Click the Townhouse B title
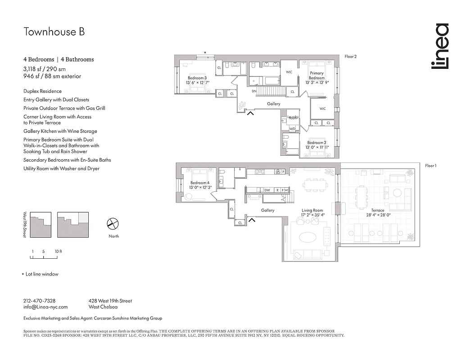coord(54,31)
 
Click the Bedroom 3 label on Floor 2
coord(197,80)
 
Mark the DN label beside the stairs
coord(254,91)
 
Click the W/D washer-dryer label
coord(292,129)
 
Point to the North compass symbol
coord(113,224)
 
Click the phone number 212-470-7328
coord(39,301)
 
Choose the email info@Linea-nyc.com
coord(45,307)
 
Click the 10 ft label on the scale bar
coord(58,252)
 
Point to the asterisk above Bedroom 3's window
coord(205,53)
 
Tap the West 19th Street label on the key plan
coord(26,225)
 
